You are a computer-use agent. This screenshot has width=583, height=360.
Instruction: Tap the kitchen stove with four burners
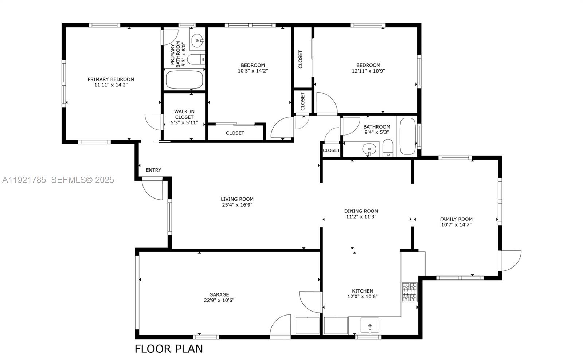click(x=410, y=292)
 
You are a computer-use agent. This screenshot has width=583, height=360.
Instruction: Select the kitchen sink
click(x=370, y=325)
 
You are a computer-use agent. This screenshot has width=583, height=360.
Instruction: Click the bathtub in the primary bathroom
click(x=184, y=80)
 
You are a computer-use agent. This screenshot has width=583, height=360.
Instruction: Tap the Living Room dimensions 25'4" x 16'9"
click(x=237, y=205)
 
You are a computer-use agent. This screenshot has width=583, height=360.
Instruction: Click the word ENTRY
click(x=153, y=170)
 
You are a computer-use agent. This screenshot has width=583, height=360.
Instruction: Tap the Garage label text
click(x=219, y=295)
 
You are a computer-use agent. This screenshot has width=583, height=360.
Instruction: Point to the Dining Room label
click(x=361, y=211)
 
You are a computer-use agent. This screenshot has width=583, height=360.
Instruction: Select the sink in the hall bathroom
click(x=369, y=149)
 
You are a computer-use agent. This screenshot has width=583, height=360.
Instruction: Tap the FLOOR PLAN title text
click(x=169, y=349)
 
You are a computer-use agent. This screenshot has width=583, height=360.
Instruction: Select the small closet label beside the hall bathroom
click(x=331, y=150)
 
